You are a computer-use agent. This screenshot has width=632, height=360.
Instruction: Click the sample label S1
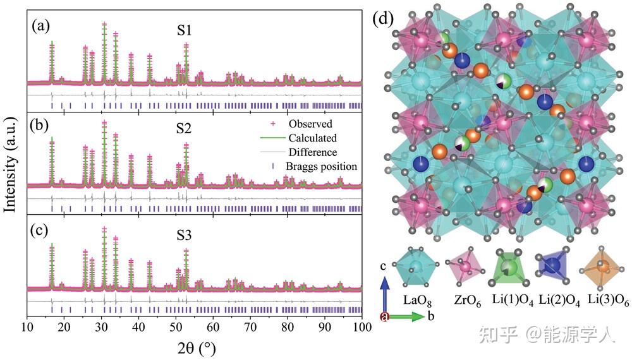pyautogui.click(x=185, y=30)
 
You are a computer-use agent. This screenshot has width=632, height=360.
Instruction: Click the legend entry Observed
pyautogui.click(x=310, y=124)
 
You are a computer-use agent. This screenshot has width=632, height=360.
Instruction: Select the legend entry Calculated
pyautogui.click(x=312, y=138)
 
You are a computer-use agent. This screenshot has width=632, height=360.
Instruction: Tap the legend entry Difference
pyautogui.click(x=312, y=152)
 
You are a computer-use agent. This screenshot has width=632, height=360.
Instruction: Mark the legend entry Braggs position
pyautogui.click(x=320, y=166)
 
